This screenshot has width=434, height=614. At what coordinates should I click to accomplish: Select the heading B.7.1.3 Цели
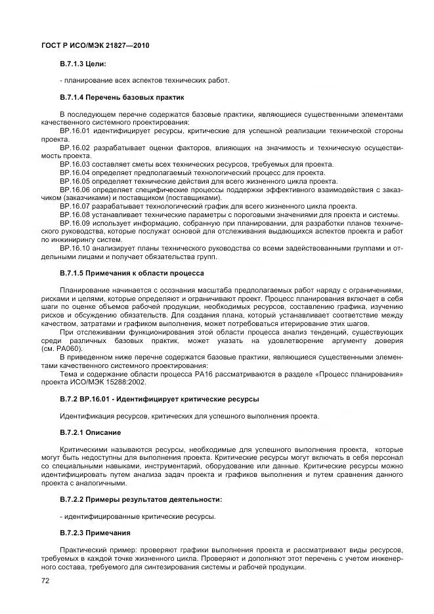83,64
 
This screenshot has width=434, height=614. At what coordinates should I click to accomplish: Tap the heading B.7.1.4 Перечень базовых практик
118,98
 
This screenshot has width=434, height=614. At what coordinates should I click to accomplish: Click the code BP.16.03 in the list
76,164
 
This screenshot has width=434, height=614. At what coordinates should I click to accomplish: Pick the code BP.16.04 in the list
76,173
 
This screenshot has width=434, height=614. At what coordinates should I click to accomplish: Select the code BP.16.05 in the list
76,181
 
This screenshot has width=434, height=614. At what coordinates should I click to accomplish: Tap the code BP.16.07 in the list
76,206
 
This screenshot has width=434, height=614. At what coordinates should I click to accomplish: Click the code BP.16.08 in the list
76,215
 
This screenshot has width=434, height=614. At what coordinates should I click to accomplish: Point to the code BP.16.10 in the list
76,248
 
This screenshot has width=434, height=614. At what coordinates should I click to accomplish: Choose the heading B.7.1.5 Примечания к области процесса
132,273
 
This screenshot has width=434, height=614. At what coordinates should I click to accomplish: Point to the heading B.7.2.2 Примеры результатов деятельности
141,500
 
